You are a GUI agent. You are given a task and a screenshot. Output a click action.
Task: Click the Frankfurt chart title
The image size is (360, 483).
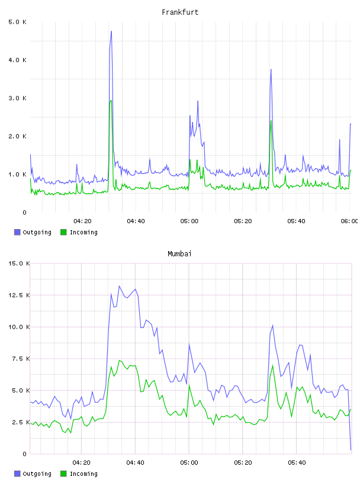(180, 12)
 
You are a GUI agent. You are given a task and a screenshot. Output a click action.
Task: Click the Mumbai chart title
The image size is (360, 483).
(179, 254)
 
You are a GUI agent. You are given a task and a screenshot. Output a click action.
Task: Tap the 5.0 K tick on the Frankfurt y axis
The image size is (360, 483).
(18, 22)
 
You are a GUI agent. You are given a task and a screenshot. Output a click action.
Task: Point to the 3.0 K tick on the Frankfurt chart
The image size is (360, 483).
(18, 98)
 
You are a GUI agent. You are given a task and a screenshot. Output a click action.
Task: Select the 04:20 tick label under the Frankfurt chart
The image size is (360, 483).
(82, 221)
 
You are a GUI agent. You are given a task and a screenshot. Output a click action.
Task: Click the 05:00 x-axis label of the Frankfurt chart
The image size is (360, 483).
(189, 221)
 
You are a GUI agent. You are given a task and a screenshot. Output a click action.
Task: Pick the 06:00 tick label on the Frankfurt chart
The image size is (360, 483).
(349, 221)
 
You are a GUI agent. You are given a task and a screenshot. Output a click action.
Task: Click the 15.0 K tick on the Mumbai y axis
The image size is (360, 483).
(19, 263)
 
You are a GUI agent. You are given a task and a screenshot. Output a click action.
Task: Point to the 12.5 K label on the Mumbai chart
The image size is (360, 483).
(19, 295)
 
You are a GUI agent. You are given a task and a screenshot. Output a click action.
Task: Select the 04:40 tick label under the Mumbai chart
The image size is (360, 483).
(136, 463)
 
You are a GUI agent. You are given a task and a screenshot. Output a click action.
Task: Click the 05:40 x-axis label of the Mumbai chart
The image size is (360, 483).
(297, 463)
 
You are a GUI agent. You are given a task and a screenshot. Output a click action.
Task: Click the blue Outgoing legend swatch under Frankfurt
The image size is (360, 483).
(17, 232)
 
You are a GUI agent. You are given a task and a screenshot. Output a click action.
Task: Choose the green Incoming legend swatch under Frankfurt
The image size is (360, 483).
(63, 232)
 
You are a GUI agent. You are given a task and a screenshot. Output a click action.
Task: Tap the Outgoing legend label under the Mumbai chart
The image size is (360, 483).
(37, 474)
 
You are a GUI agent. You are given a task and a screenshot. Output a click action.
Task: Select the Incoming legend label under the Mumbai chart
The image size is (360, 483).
(83, 474)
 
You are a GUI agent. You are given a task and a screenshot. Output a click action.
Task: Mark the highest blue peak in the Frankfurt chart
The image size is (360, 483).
(111, 31)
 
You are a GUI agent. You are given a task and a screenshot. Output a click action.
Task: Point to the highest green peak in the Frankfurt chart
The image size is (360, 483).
(111, 101)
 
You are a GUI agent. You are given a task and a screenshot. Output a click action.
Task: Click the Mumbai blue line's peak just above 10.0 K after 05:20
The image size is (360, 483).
(273, 326)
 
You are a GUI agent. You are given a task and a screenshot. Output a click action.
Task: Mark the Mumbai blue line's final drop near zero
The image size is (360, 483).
(351, 450)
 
